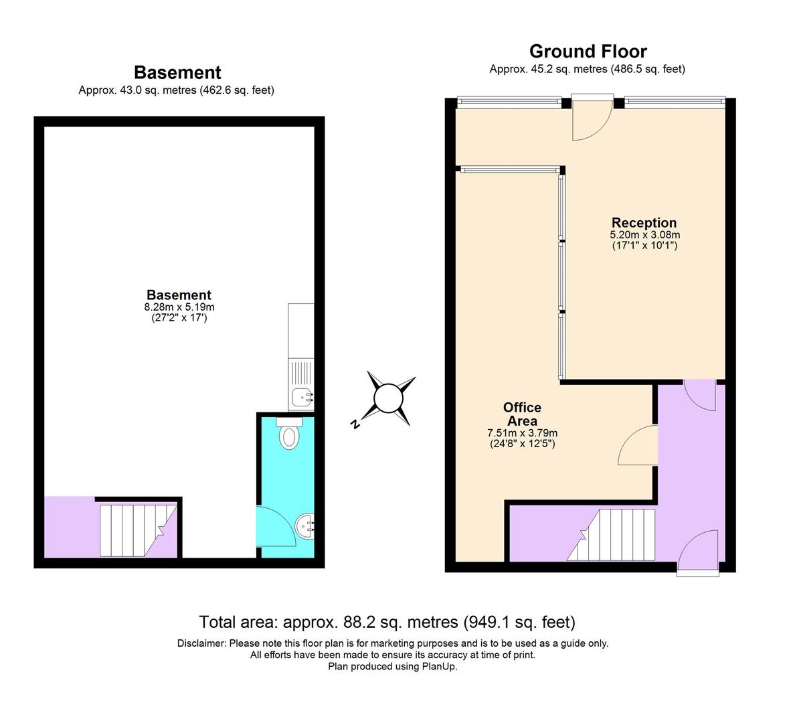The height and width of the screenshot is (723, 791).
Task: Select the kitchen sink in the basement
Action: pyautogui.click(x=301, y=396)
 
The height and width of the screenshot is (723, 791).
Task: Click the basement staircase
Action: pyautogui.click(x=134, y=530)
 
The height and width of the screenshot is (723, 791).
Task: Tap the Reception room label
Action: pyautogui.click(x=644, y=223)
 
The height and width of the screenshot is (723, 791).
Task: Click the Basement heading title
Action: pyautogui.click(x=177, y=72)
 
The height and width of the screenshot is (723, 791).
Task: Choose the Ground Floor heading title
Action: pyautogui.click(x=588, y=52)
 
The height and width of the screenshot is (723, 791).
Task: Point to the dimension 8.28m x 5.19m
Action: pyautogui.click(x=179, y=307)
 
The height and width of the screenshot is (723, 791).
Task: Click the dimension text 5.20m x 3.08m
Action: pyautogui.click(x=644, y=235)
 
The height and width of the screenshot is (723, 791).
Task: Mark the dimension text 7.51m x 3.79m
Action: pyautogui.click(x=522, y=433)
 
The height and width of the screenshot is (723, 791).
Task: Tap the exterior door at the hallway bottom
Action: pyautogui.click(x=699, y=552)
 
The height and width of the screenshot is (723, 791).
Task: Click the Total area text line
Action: pyautogui.click(x=387, y=623)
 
